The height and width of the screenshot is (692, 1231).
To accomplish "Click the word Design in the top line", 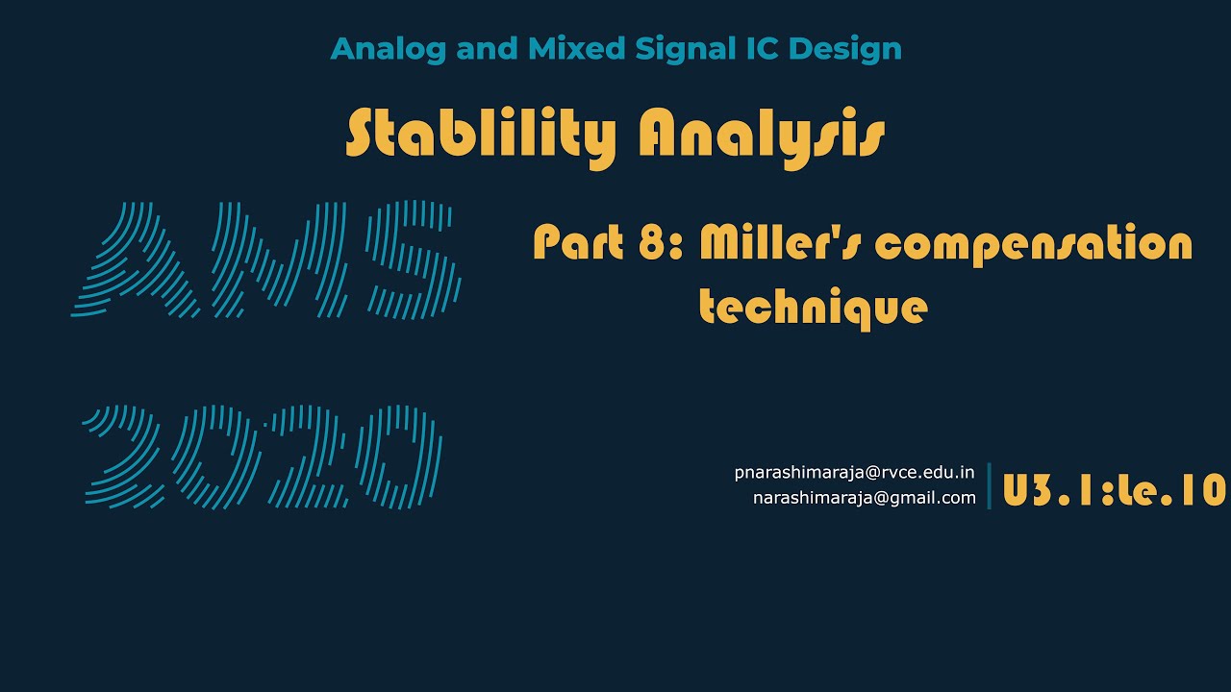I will click(845, 49).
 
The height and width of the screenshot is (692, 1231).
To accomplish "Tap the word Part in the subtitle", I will click(579, 243).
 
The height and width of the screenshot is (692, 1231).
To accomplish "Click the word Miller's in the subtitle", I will click(780, 243).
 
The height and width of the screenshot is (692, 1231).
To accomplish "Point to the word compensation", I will click(1034, 245).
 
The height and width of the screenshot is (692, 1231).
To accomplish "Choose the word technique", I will click(813, 308).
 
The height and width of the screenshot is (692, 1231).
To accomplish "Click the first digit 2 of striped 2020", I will click(125, 457).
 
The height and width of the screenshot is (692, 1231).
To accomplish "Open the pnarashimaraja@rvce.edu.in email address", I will click(854, 473).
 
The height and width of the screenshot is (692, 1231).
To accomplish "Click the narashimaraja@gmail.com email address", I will click(864, 498).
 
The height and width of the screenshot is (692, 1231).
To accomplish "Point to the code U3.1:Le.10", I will click(1115, 490).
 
